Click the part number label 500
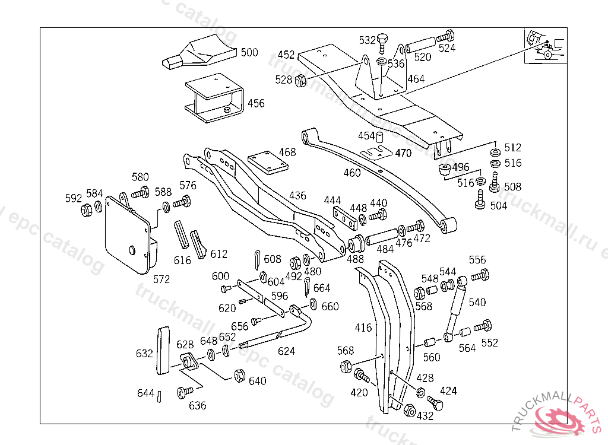pos(249,52)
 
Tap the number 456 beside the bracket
pos(256,103)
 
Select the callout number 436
pos(297,195)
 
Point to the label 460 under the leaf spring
pos(352,173)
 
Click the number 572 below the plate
pos(161,279)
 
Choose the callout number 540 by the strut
pos(477,302)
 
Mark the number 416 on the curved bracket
pos(363,328)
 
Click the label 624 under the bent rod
pos(286,351)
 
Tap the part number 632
pos(144,354)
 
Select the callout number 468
pos(287,152)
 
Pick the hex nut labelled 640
pos(240,376)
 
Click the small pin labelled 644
pos(160,396)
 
